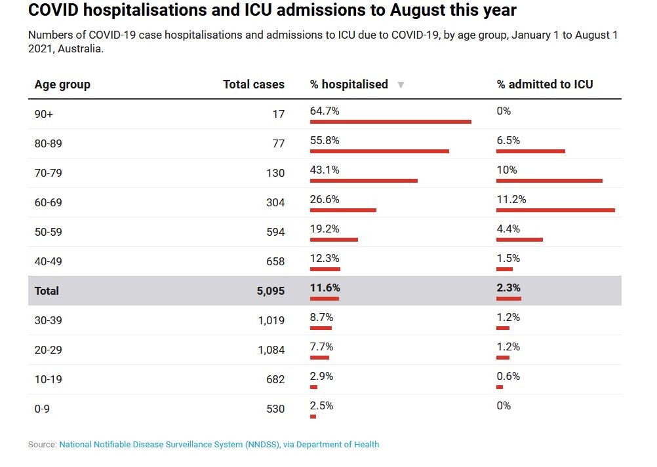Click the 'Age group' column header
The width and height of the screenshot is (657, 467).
(62, 84)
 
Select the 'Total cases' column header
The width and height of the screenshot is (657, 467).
(254, 84)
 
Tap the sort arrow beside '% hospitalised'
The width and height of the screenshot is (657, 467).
(401, 85)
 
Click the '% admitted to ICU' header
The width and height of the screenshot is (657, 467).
(544, 84)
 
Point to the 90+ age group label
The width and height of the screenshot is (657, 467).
(44, 114)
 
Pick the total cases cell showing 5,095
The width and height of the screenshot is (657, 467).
(270, 291)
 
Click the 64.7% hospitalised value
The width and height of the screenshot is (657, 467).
(325, 111)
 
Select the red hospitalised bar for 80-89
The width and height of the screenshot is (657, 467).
(379, 151)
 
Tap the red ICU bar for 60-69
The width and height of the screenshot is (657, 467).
(555, 210)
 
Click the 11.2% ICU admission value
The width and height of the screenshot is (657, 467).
(511, 200)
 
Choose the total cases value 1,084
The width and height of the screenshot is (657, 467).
(271, 350)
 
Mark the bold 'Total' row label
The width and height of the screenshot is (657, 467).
(47, 291)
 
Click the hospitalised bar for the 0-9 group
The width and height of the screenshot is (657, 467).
(313, 417)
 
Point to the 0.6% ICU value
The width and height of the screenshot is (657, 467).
(508, 377)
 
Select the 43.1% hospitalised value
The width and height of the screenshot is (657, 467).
(325, 170)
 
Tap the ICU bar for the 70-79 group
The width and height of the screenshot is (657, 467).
(549, 181)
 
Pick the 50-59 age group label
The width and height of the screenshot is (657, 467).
(49, 232)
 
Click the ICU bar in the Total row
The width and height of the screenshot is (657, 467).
(508, 299)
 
